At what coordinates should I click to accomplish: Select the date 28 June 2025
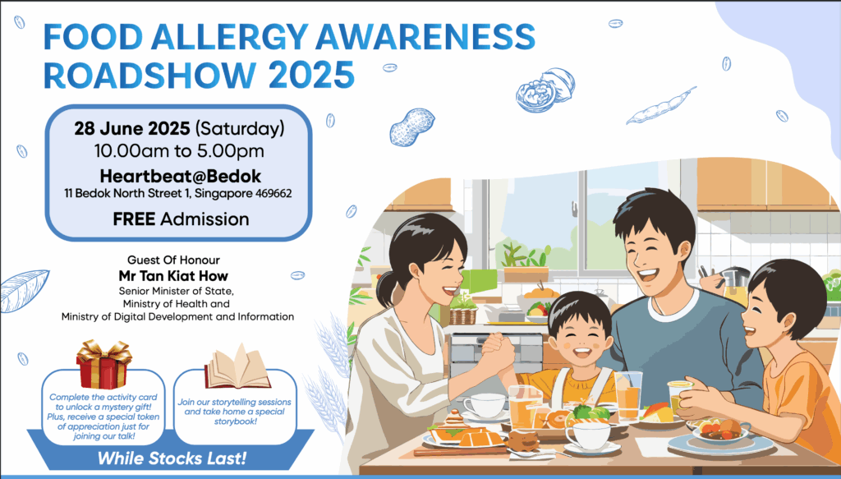(x=132, y=129)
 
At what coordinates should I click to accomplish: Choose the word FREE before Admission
(x=134, y=219)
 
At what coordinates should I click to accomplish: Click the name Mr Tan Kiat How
(x=173, y=276)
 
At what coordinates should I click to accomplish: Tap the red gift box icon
(x=103, y=364)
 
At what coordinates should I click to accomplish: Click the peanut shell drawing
(x=412, y=127)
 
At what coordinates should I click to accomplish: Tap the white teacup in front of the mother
(x=485, y=406)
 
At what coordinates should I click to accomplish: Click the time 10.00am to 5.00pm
(x=180, y=152)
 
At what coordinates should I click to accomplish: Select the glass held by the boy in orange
(x=679, y=397)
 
